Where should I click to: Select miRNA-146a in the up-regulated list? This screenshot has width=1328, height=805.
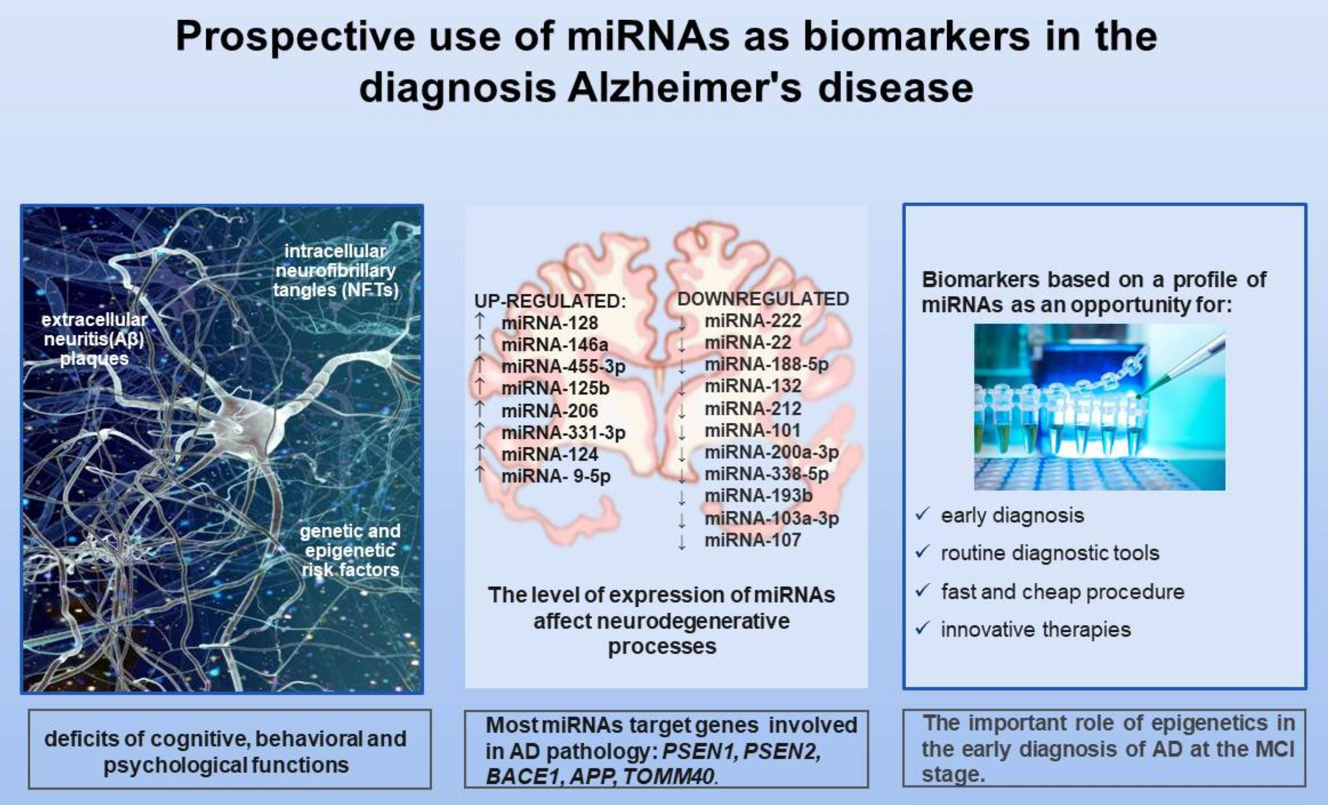tap(554, 345)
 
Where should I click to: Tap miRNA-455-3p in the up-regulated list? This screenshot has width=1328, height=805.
tap(563, 367)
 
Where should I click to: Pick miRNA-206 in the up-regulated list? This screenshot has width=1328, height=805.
tap(549, 411)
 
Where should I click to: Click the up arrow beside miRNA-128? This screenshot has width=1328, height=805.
tap(479, 321)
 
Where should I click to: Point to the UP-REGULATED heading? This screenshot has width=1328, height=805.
tap(550, 301)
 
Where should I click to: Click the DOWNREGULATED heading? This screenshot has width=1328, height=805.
tap(762, 299)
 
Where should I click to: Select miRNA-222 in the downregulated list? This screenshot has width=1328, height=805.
tap(753, 321)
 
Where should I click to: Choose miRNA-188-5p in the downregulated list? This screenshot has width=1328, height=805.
tap(766, 364)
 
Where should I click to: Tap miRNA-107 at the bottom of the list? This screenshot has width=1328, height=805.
tap(753, 540)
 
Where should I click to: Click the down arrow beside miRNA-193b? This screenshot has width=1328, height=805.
tap(682, 498)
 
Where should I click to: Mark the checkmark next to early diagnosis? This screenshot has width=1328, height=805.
tap(923, 514)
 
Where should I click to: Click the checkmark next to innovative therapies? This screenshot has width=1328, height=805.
tap(923, 629)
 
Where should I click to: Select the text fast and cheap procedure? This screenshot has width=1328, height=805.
tap(1062, 591)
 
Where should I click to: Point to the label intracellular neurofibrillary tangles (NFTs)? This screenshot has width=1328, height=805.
tap(336, 270)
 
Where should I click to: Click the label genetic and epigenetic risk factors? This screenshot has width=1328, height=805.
tap(350, 551)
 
